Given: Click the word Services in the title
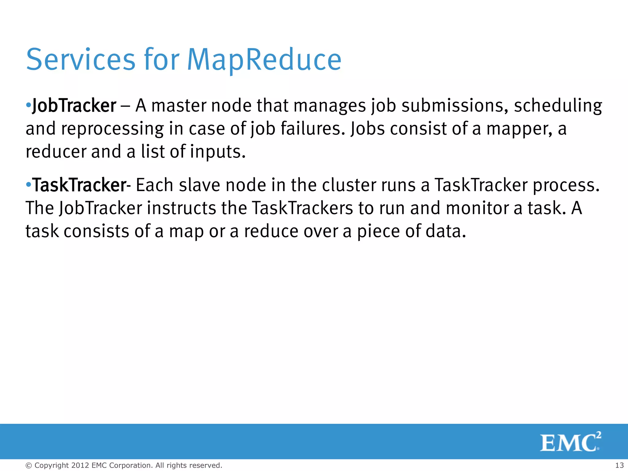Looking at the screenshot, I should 81,60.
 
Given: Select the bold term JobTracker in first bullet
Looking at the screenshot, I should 74,106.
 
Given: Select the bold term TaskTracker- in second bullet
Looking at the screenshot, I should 82,185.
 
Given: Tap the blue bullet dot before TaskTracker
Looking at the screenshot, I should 29,185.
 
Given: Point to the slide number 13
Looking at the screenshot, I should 619,465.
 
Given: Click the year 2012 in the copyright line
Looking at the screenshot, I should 80,465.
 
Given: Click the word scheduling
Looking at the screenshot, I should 558,106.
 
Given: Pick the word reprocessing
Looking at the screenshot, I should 112,129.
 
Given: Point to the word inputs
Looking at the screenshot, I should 218,152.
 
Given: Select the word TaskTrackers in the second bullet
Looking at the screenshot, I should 302,208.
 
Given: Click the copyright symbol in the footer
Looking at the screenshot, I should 29,465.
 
